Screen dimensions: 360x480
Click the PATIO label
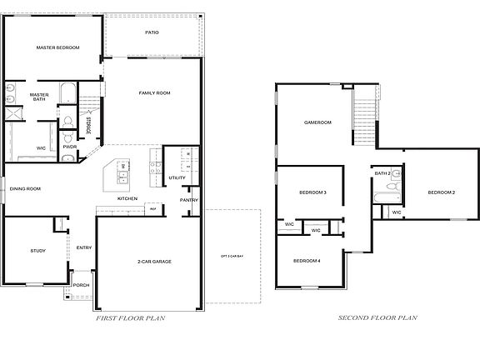coord(152,32)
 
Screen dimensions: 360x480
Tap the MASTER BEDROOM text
coord(57,47)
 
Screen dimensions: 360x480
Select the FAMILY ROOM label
coord(154,92)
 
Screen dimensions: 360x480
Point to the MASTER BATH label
coord(39,97)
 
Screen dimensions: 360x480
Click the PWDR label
coord(69,147)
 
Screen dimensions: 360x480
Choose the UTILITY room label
coord(177,177)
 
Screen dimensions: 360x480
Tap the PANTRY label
coord(189,200)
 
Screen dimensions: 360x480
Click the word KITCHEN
coord(127,198)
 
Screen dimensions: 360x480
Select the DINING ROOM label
coord(26,188)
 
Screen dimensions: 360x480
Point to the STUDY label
coord(37,251)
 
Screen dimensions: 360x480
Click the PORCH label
coord(81,285)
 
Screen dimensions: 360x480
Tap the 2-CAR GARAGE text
coord(154,262)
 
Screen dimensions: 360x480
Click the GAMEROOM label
coord(317,122)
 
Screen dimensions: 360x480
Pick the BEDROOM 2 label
coord(441,192)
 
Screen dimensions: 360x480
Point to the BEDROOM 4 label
coord(306,261)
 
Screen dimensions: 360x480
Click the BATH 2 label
coord(382,173)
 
